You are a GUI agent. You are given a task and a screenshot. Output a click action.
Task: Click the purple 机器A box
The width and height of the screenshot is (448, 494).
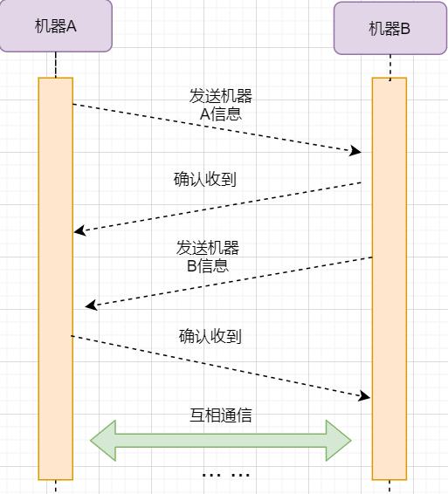coord(56,26)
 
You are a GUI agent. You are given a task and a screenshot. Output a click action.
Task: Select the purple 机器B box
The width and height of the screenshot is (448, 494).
coord(390,28)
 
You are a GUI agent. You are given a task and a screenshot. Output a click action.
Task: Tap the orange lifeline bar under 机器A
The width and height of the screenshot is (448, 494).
coord(56,278)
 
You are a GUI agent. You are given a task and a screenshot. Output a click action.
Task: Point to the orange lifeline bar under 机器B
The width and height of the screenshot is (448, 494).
coord(389,278)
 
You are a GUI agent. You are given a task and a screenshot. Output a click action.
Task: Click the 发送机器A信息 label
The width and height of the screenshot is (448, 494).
coord(221,105)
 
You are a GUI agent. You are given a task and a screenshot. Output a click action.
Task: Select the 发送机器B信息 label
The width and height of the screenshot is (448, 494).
coord(208,257)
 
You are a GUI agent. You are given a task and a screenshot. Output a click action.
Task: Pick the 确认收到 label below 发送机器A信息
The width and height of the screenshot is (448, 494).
coord(205,179)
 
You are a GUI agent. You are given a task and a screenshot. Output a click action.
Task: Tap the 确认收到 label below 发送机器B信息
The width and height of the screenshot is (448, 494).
coord(210,336)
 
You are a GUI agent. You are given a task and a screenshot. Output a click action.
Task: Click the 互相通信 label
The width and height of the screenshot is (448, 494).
coord(221,415)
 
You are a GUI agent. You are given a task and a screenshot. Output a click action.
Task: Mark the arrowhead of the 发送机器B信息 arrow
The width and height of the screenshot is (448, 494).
coord(91,305)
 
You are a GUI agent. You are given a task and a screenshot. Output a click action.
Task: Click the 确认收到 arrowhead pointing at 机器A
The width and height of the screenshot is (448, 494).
coord(79,230)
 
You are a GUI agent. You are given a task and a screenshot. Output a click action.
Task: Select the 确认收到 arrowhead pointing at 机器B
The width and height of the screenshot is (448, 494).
coord(364,396)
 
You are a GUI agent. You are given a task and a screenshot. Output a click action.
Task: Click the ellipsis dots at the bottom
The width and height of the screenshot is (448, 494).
coord(226,475)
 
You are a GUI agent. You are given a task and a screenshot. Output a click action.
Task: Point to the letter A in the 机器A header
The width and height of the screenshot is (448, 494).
coord(72,26)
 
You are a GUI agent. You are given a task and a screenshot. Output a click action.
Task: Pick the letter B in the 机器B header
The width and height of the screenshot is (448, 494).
coord(405,29)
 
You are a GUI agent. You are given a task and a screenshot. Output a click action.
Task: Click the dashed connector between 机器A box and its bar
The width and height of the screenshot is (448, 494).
coord(56,65)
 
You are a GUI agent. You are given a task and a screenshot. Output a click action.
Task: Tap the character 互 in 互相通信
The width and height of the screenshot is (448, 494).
coord(197,415)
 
